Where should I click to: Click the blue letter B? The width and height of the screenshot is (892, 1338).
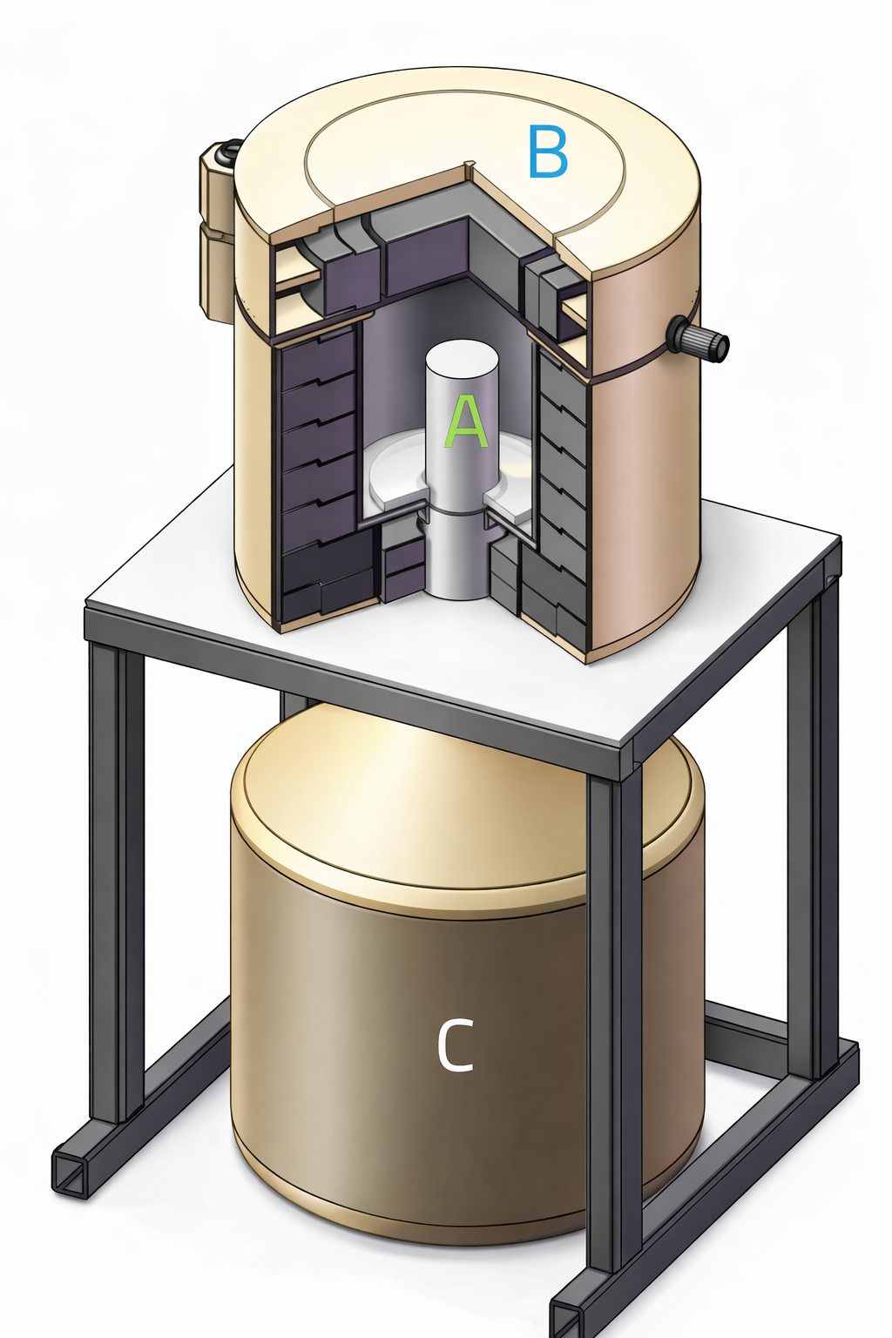pyautogui.click(x=548, y=152)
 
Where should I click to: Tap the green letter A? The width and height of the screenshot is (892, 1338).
pyautogui.click(x=466, y=422)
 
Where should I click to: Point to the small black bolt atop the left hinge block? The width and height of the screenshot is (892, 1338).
pyautogui.click(x=228, y=153)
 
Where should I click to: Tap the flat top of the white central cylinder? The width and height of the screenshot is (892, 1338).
pyautogui.click(x=461, y=358)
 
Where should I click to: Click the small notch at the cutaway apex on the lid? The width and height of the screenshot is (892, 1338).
pyautogui.click(x=470, y=165)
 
